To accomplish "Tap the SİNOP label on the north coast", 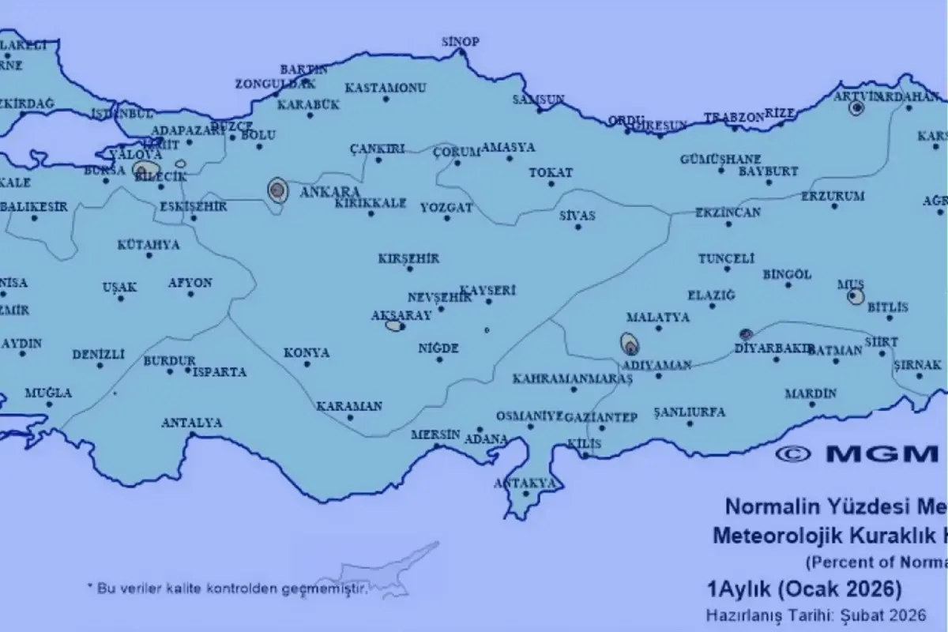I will (460, 42).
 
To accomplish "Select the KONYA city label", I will (307, 352).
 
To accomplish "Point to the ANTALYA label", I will (191, 423).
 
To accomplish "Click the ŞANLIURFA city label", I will (690, 412).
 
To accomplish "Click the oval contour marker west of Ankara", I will (277, 190).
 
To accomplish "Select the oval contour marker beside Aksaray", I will (394, 325).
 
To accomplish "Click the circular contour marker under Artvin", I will (856, 109).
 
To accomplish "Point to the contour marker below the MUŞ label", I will (855, 297).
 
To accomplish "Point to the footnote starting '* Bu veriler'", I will (228, 588).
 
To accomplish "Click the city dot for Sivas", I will (577, 228).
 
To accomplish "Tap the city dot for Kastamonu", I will (386, 99).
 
